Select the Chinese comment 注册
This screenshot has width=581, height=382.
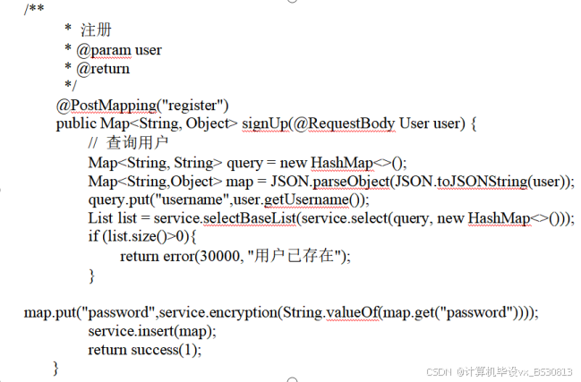pos(95,30)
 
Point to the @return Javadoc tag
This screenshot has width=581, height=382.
pos(103,68)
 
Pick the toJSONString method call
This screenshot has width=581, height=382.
pos(482,181)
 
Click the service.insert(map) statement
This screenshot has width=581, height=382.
pos(152,331)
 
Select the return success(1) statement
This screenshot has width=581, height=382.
pos(145,350)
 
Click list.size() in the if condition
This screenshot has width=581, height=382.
pos(136,237)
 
